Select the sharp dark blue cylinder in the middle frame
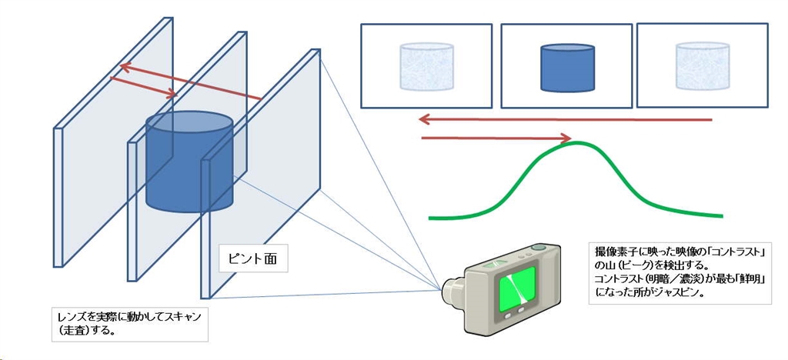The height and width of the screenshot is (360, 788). coord(568,68)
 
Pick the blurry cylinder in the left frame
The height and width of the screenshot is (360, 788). coord(426,68)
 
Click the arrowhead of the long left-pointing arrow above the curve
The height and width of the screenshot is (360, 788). coord(424,119)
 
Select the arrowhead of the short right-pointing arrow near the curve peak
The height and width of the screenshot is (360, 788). coord(567,139)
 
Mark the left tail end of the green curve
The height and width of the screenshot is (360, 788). coord(431,218)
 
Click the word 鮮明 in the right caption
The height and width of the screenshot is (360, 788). coord(746,278)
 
